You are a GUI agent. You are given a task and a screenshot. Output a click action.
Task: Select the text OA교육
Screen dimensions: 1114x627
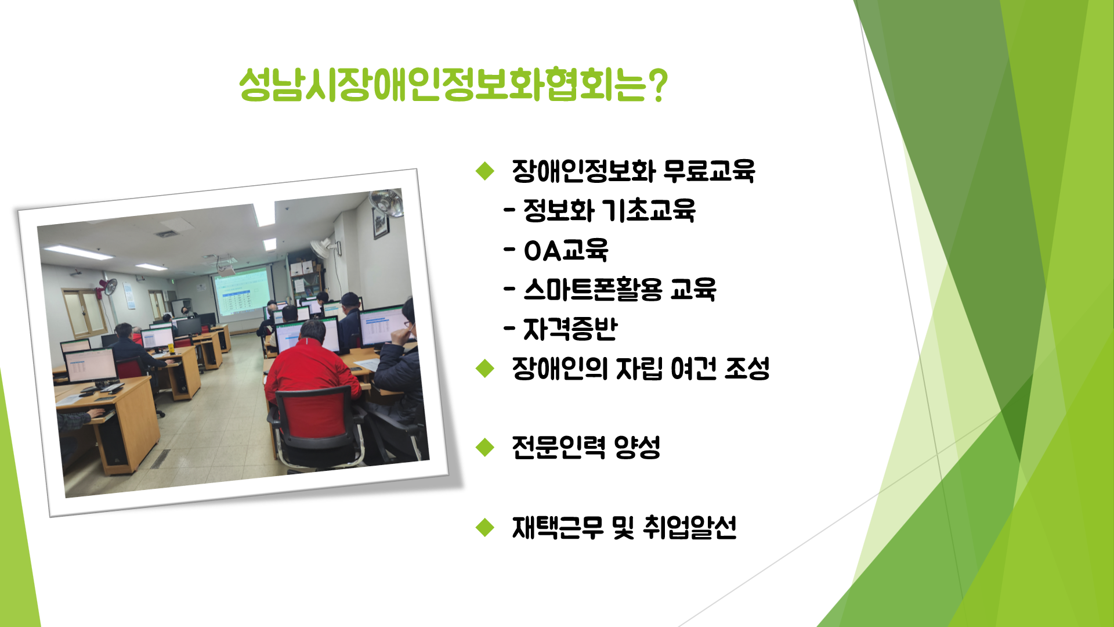566,251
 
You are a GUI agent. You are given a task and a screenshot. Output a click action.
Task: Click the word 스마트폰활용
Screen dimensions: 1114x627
592,289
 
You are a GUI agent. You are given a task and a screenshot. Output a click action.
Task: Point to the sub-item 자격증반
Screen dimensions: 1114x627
570,329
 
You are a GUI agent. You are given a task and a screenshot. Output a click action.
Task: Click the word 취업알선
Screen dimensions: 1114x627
690,527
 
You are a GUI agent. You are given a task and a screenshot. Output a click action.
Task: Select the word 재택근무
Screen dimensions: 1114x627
558,527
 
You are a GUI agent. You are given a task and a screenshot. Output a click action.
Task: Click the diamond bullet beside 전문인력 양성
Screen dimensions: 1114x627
484,448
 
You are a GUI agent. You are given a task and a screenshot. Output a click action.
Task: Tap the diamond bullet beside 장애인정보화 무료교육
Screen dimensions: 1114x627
484,171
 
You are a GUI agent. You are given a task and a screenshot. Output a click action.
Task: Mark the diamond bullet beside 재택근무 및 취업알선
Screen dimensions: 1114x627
484,527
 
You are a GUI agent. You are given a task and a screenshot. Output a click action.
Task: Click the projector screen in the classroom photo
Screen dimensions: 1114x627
243,293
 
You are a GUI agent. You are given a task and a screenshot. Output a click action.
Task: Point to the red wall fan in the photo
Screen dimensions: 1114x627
108,287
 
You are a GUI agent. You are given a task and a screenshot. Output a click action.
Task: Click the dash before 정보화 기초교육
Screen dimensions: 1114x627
509,210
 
